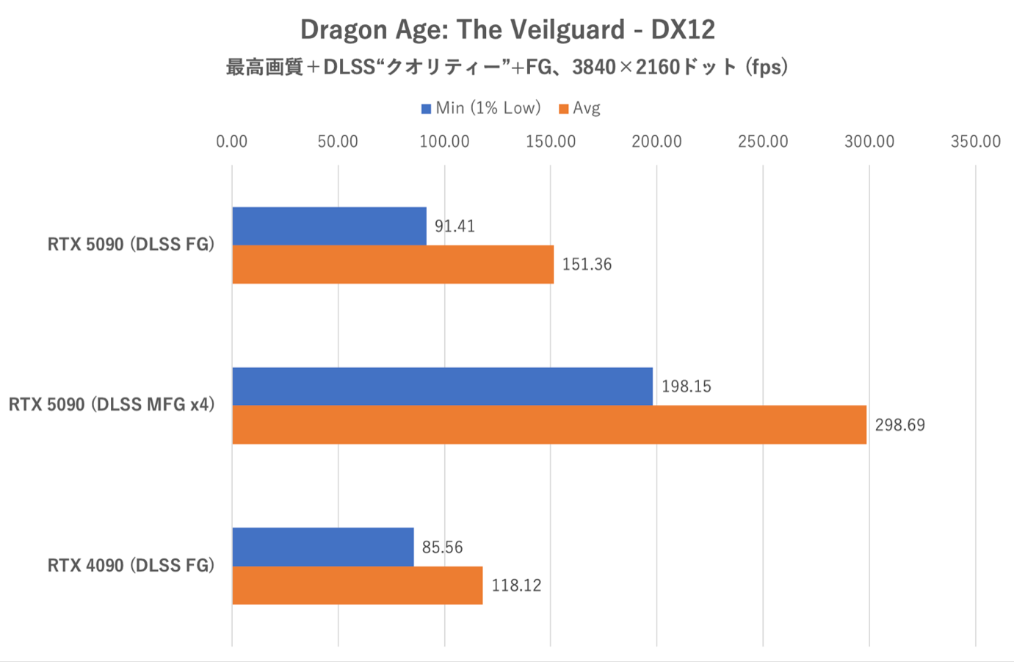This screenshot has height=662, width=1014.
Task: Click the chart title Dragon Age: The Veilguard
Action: tap(507, 30)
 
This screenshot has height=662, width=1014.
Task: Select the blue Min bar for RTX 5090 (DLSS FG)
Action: tap(329, 226)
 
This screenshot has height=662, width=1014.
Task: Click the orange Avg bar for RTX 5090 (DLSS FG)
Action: tap(393, 265)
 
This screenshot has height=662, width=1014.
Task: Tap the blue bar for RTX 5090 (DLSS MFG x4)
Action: tap(442, 386)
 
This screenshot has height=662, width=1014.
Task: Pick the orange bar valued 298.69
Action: tap(549, 425)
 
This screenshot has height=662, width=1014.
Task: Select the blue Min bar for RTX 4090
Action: tap(323, 547)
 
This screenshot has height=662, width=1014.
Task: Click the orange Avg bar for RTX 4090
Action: tap(358, 586)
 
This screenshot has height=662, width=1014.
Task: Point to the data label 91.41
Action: tap(455, 226)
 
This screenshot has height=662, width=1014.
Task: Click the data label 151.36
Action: tap(587, 265)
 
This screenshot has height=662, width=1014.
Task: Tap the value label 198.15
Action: tap(686, 386)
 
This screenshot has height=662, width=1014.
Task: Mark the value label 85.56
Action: tap(442, 547)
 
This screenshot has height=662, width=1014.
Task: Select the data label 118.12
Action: tap(516, 586)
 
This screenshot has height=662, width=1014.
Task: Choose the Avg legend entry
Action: tap(580, 109)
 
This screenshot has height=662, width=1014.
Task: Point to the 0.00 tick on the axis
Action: tap(232, 142)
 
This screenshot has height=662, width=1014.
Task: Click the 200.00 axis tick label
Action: tap(656, 142)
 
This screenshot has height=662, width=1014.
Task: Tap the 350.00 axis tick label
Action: tap(975, 142)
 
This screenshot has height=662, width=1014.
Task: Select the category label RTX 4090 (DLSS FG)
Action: tap(131, 566)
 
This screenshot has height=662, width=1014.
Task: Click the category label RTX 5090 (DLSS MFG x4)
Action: tap(112, 405)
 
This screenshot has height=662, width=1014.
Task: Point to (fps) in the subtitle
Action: tap(767, 68)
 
